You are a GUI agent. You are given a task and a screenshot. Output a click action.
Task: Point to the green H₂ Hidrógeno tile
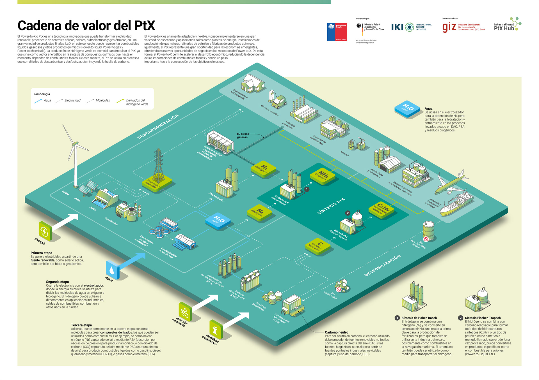[x=263, y=169]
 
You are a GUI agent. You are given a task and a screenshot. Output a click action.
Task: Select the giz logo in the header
[x=449, y=27]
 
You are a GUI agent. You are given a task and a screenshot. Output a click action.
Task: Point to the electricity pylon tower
[x=158, y=167]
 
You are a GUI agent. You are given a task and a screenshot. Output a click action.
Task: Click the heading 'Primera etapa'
[x=41, y=253]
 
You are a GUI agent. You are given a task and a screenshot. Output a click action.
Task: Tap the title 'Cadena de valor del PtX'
[x=86, y=26]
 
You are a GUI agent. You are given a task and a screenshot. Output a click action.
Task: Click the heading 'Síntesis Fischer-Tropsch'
[x=483, y=318]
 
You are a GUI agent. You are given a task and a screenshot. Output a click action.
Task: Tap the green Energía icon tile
[x=45, y=231]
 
